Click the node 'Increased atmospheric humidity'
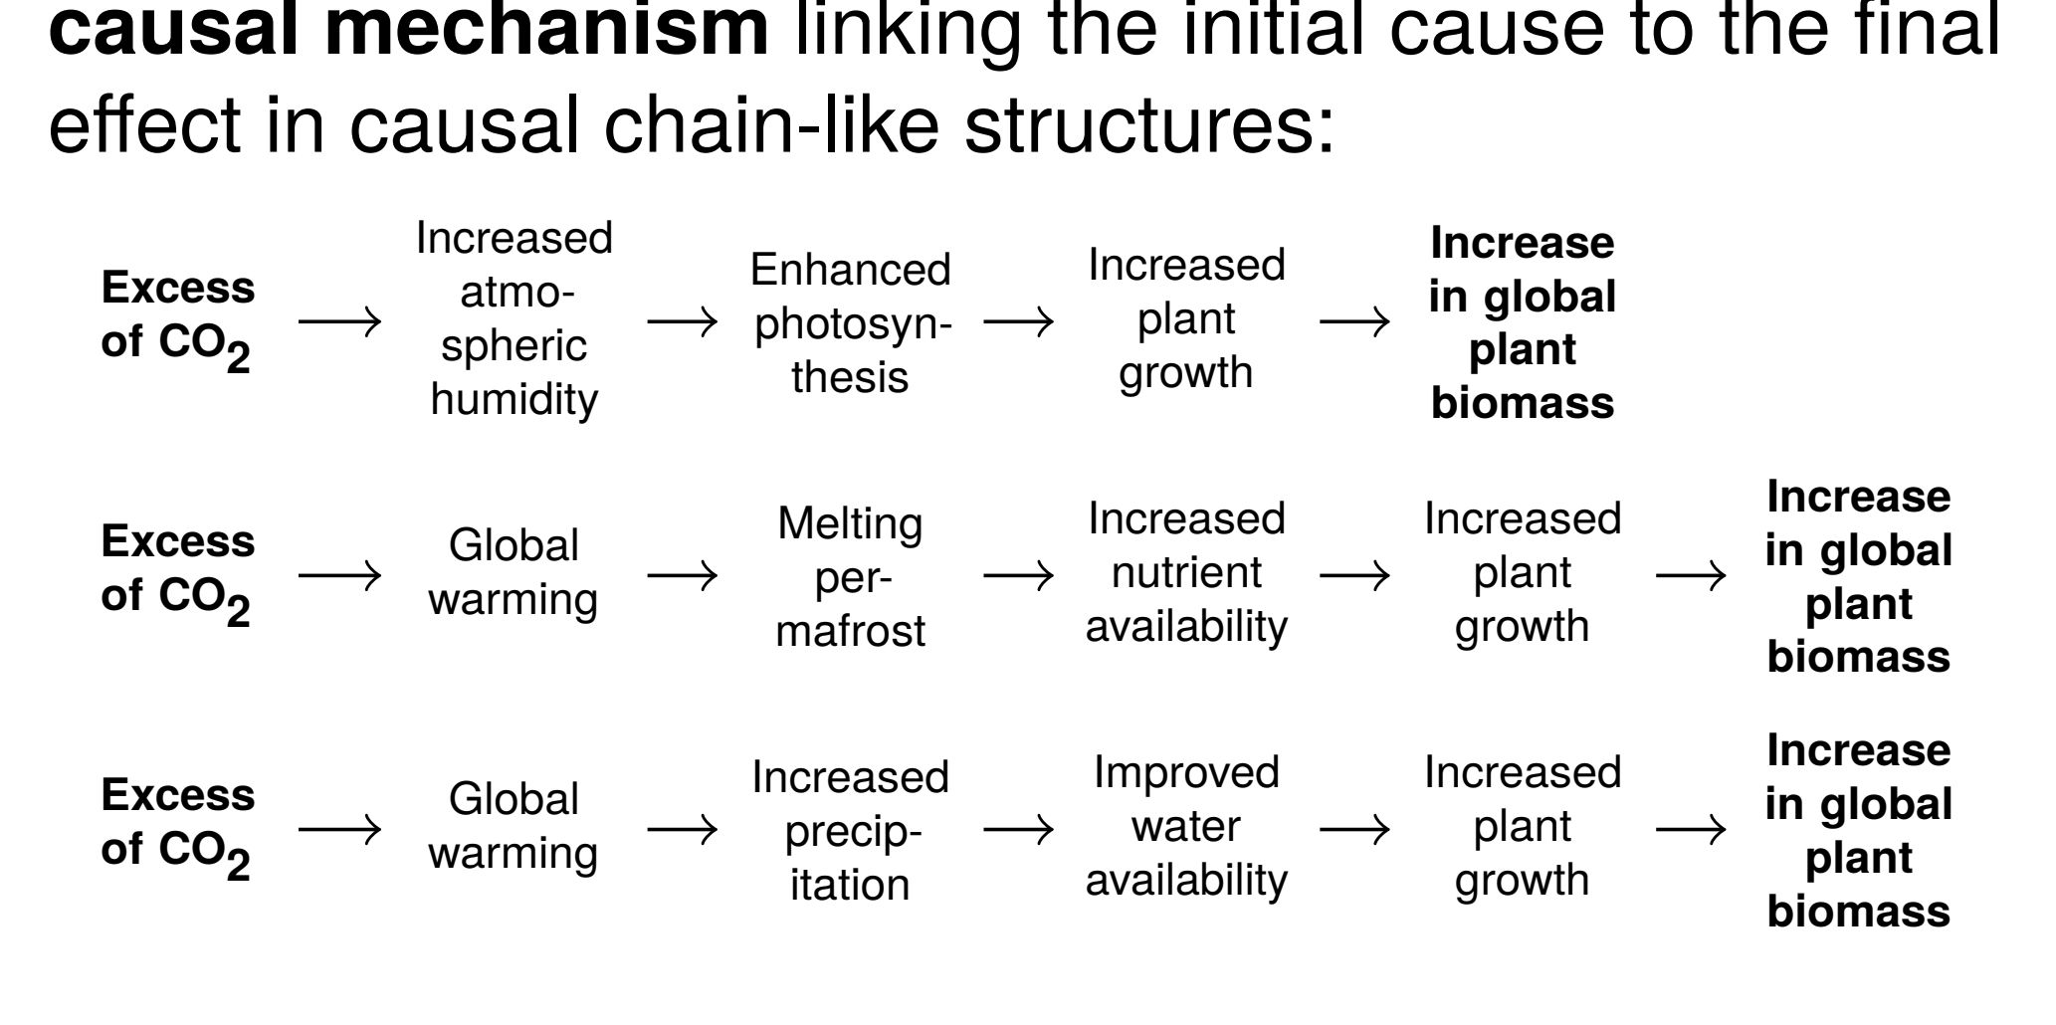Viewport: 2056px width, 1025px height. coord(514,319)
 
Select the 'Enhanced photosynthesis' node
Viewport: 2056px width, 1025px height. coord(851,323)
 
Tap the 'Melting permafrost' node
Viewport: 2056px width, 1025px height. coord(851,576)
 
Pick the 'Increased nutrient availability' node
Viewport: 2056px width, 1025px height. coord(1186,573)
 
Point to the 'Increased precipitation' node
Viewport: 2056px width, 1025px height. coord(851,830)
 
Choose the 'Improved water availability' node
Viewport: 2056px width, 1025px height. coord(1186,827)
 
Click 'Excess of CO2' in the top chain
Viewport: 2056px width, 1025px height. coord(177,318)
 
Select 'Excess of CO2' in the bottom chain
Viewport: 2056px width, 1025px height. coord(177,826)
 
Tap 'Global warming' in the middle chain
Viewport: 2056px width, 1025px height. coord(514,573)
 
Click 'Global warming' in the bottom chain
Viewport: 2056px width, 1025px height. coord(514,827)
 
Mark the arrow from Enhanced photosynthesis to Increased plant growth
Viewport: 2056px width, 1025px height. coord(1018,321)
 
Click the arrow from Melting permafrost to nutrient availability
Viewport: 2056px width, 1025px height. coord(1018,575)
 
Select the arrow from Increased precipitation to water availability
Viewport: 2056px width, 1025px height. coord(1018,829)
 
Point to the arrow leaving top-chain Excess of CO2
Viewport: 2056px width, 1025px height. coord(340,321)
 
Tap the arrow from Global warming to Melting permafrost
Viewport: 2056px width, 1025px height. coord(682,575)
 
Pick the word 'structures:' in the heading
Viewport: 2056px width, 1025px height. coord(1149,127)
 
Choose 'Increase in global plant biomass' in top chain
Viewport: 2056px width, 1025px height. coord(1522,322)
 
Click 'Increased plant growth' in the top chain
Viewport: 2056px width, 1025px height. coord(1186,319)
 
